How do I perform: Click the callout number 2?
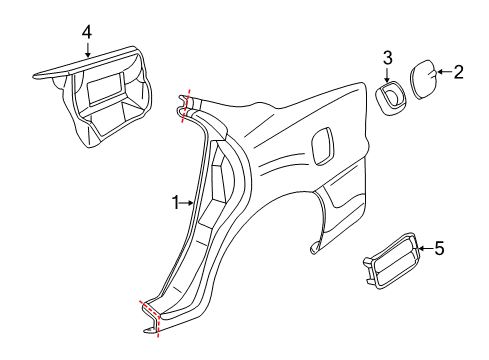tap(459, 71)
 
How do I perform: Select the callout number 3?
tap(388, 58)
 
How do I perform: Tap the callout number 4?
tap(87, 32)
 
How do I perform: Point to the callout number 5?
tap(439, 249)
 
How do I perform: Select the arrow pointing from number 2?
tap(445, 71)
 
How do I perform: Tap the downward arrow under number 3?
tap(388, 74)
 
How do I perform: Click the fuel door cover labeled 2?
tap(422, 78)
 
